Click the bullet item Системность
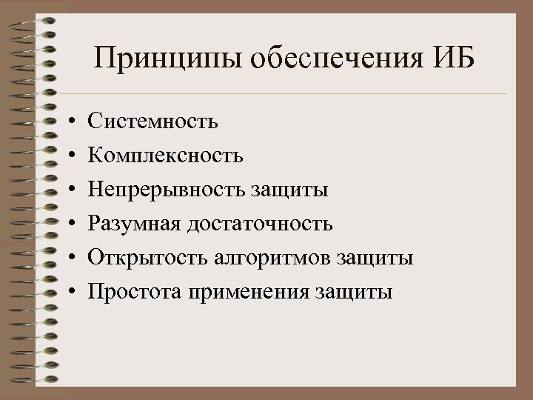point(152,120)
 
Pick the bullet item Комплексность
point(164,155)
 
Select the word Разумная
point(136,224)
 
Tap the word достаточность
point(262,224)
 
